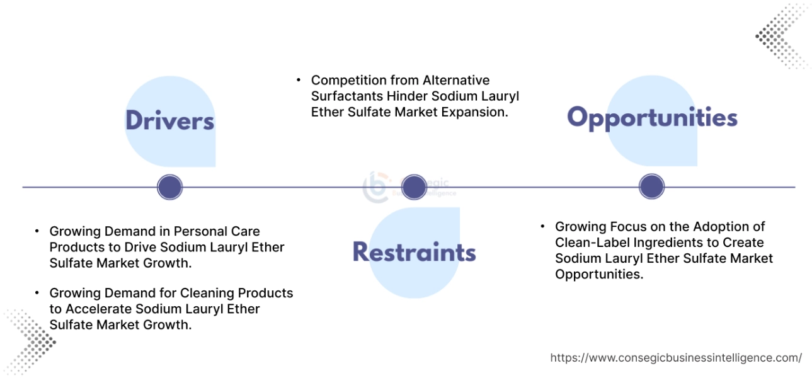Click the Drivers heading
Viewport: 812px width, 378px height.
pyautogui.click(x=169, y=120)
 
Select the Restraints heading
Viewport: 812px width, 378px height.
pyautogui.click(x=414, y=251)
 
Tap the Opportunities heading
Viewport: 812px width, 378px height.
pyautogui.click(x=652, y=118)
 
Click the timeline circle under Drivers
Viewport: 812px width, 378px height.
pyautogui.click(x=169, y=187)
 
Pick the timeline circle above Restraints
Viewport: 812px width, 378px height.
pyautogui.click(x=414, y=187)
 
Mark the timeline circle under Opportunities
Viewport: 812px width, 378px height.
pyautogui.click(x=651, y=187)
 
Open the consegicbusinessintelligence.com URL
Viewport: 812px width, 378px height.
pyautogui.click(x=675, y=358)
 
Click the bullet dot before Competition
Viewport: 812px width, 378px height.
pyautogui.click(x=299, y=81)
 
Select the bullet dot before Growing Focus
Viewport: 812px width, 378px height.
pyautogui.click(x=542, y=226)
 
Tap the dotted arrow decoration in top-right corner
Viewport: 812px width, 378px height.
pyautogui.click(x=781, y=37)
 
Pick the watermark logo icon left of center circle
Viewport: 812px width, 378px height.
pyautogui.click(x=377, y=187)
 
